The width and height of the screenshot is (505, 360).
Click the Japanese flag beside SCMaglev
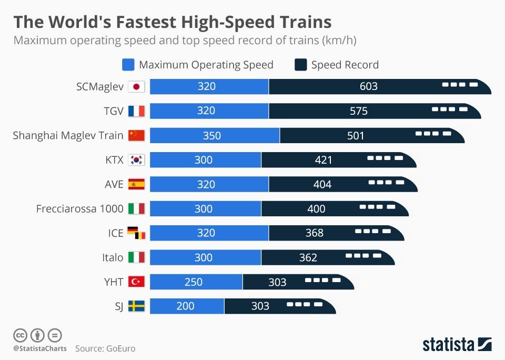(136, 86)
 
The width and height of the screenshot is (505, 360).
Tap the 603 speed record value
(368, 86)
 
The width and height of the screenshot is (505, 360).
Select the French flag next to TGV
(136, 111)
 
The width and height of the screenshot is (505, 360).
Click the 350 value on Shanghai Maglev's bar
(212, 135)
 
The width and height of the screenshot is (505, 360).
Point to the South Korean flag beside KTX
(136, 159)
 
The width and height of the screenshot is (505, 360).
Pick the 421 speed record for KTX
(324, 159)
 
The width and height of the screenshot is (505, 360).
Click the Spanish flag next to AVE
(136, 184)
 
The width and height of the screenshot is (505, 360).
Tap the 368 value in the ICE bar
(314, 233)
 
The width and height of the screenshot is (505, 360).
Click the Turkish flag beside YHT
(136, 282)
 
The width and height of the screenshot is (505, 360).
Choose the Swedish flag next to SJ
(136, 306)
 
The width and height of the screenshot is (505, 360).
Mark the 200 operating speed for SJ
(185, 306)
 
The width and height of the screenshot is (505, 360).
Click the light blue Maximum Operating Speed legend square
(128, 65)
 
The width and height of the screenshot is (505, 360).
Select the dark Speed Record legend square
(301, 65)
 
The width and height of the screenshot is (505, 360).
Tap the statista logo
(457, 344)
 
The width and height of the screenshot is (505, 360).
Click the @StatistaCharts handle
(40, 348)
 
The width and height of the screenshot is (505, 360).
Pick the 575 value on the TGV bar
(359, 111)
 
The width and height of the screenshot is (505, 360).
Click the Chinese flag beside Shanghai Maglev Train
(136, 135)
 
